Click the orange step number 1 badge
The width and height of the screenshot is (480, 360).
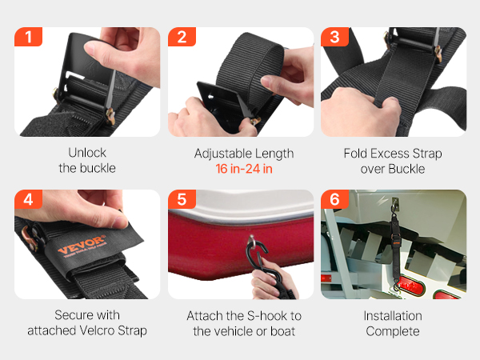point(28,37)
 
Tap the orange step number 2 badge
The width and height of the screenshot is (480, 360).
point(182,37)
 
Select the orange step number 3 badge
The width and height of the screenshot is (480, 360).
point(334,37)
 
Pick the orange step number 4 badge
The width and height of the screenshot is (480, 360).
point(28,199)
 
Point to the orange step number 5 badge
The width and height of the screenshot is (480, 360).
point(182,199)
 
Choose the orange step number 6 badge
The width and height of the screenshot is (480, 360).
point(334,199)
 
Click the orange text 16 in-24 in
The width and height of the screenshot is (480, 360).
point(244,169)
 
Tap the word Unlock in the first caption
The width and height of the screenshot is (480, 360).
point(87,153)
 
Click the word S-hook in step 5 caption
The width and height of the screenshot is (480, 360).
point(270,316)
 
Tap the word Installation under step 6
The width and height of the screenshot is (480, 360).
point(393,316)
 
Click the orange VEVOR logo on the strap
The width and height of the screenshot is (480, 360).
point(82,246)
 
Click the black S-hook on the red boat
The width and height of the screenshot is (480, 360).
point(259,257)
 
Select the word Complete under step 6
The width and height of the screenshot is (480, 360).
point(393,331)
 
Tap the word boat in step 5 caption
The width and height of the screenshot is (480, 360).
point(282,331)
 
